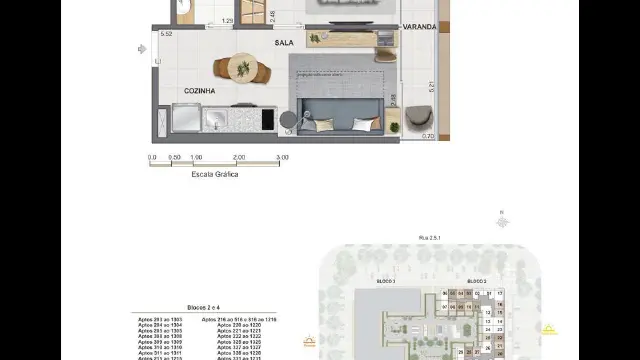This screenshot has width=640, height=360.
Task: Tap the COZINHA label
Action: tap(200, 91)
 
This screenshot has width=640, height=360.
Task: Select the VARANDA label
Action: tap(419, 27)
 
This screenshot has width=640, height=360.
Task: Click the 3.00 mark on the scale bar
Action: tap(282, 157)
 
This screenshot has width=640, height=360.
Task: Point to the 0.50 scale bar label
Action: tap(174, 157)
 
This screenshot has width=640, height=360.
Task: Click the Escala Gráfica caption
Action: tap(217, 173)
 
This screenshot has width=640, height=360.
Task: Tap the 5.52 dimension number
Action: tap(166, 34)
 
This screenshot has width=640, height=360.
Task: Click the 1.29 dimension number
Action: tap(228, 20)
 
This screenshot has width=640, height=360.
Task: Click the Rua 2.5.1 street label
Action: tap(430, 238)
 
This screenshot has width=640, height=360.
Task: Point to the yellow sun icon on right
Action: tap(549, 329)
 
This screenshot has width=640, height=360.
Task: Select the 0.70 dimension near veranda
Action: tap(428, 136)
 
